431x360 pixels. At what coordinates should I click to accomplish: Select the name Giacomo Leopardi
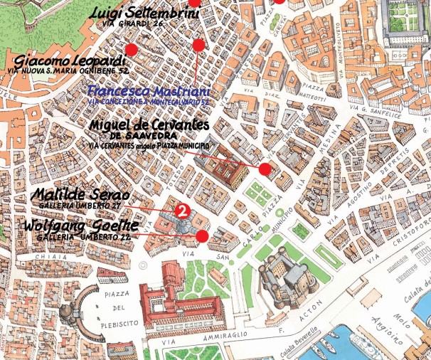(x=70, y=60)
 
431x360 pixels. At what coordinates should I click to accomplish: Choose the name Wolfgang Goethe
(x=76, y=226)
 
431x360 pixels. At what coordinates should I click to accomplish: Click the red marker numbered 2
(x=181, y=211)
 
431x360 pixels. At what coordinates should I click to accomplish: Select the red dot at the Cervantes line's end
(x=265, y=169)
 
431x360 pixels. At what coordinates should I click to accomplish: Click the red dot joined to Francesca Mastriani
(x=198, y=46)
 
